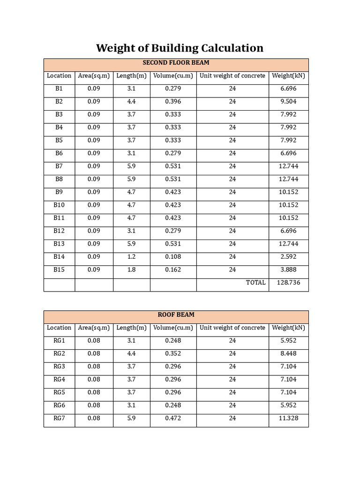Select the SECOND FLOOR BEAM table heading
pyautogui.click(x=176, y=63)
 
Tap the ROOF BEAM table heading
pyautogui.click(x=176, y=315)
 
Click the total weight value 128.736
pyautogui.click(x=288, y=283)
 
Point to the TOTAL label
pyautogui.click(x=255, y=283)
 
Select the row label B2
pyautogui.click(x=59, y=102)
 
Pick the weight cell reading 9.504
pyautogui.click(x=288, y=102)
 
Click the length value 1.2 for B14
pyautogui.click(x=131, y=257)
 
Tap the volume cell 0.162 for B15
pyautogui.click(x=173, y=270)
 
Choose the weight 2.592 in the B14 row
pyautogui.click(x=288, y=257)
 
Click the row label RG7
pyautogui.click(x=59, y=418)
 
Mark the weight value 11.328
pyautogui.click(x=288, y=418)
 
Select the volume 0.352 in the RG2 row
pyautogui.click(x=173, y=354)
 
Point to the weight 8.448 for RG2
pyautogui.click(x=288, y=354)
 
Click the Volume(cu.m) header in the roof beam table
pyautogui.click(x=173, y=328)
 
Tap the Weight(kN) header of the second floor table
pyautogui.click(x=288, y=76)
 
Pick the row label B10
pyautogui.click(x=59, y=205)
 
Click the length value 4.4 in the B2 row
pyautogui.click(x=131, y=102)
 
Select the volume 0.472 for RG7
pyautogui.click(x=173, y=418)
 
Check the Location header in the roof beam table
pyautogui.click(x=59, y=328)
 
